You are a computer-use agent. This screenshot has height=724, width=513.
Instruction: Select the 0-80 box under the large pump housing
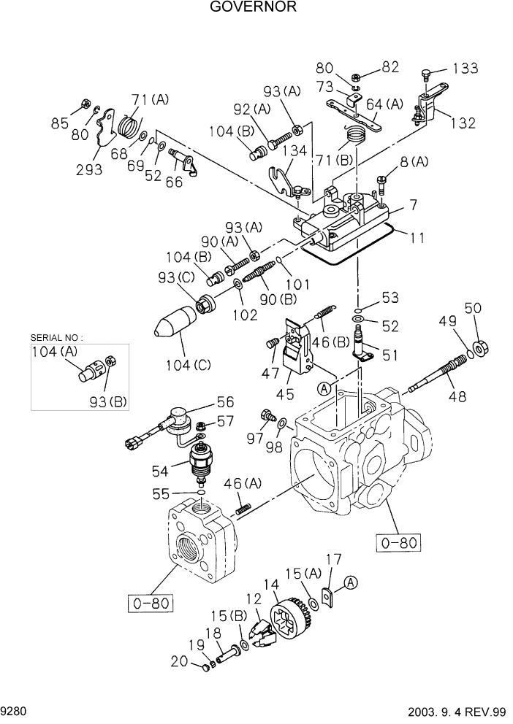click(x=400, y=543)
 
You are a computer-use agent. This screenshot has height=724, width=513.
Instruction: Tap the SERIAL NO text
click(x=56, y=338)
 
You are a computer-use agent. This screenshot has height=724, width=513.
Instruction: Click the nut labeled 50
click(x=482, y=346)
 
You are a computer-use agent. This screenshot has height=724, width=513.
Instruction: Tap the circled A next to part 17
click(x=351, y=582)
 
